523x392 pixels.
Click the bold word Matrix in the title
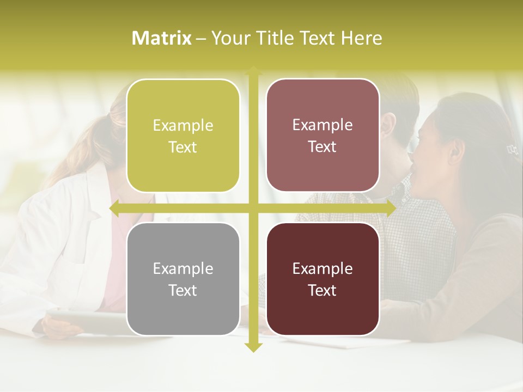click(162, 38)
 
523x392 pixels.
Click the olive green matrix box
click(183, 136)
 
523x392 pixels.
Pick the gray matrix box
click(183, 279)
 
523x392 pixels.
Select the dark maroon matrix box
click(323, 279)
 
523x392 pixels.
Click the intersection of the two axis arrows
click(253, 208)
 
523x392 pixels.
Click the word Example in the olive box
click(183, 126)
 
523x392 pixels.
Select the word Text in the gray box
click(183, 290)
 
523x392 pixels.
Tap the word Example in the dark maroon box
click(323, 268)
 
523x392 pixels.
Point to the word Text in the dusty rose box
click(323, 147)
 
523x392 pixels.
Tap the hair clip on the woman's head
click(511, 148)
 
